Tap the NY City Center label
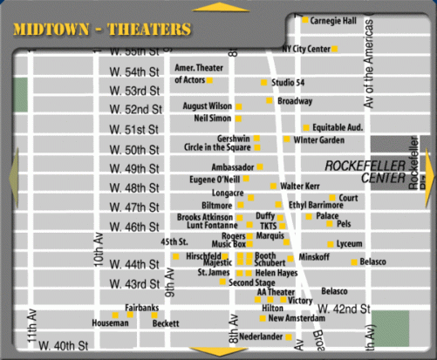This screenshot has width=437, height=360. click(x=306, y=49)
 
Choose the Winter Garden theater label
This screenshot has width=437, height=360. click(x=318, y=139)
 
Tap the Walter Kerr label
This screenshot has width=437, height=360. click(x=300, y=187)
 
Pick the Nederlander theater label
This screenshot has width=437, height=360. click(x=262, y=336)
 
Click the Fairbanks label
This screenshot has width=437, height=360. click(x=141, y=308)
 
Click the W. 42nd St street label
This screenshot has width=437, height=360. click(x=344, y=309)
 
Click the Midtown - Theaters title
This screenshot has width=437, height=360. click(x=102, y=30)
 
